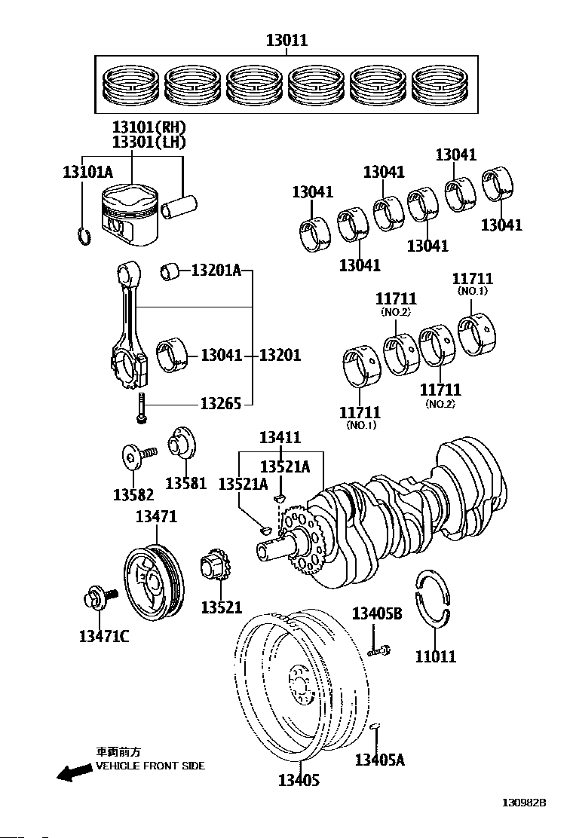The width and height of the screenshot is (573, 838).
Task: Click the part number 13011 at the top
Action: (x=287, y=40)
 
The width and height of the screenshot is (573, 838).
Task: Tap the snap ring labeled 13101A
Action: (x=84, y=236)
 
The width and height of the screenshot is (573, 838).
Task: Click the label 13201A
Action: (x=216, y=271)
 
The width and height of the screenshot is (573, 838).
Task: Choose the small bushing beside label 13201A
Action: (x=170, y=271)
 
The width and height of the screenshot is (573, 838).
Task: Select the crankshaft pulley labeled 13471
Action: (x=154, y=582)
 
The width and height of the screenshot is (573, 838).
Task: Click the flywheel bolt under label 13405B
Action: (x=379, y=651)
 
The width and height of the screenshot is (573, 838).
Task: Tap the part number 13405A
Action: (x=379, y=759)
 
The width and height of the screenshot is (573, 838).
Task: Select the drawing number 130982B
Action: (x=523, y=803)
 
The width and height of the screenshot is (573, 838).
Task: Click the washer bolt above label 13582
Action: (x=138, y=455)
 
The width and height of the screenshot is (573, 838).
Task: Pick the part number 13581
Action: (x=185, y=482)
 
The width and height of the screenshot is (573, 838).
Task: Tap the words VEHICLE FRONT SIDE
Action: (x=150, y=766)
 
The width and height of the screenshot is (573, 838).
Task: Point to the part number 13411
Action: (x=280, y=437)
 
